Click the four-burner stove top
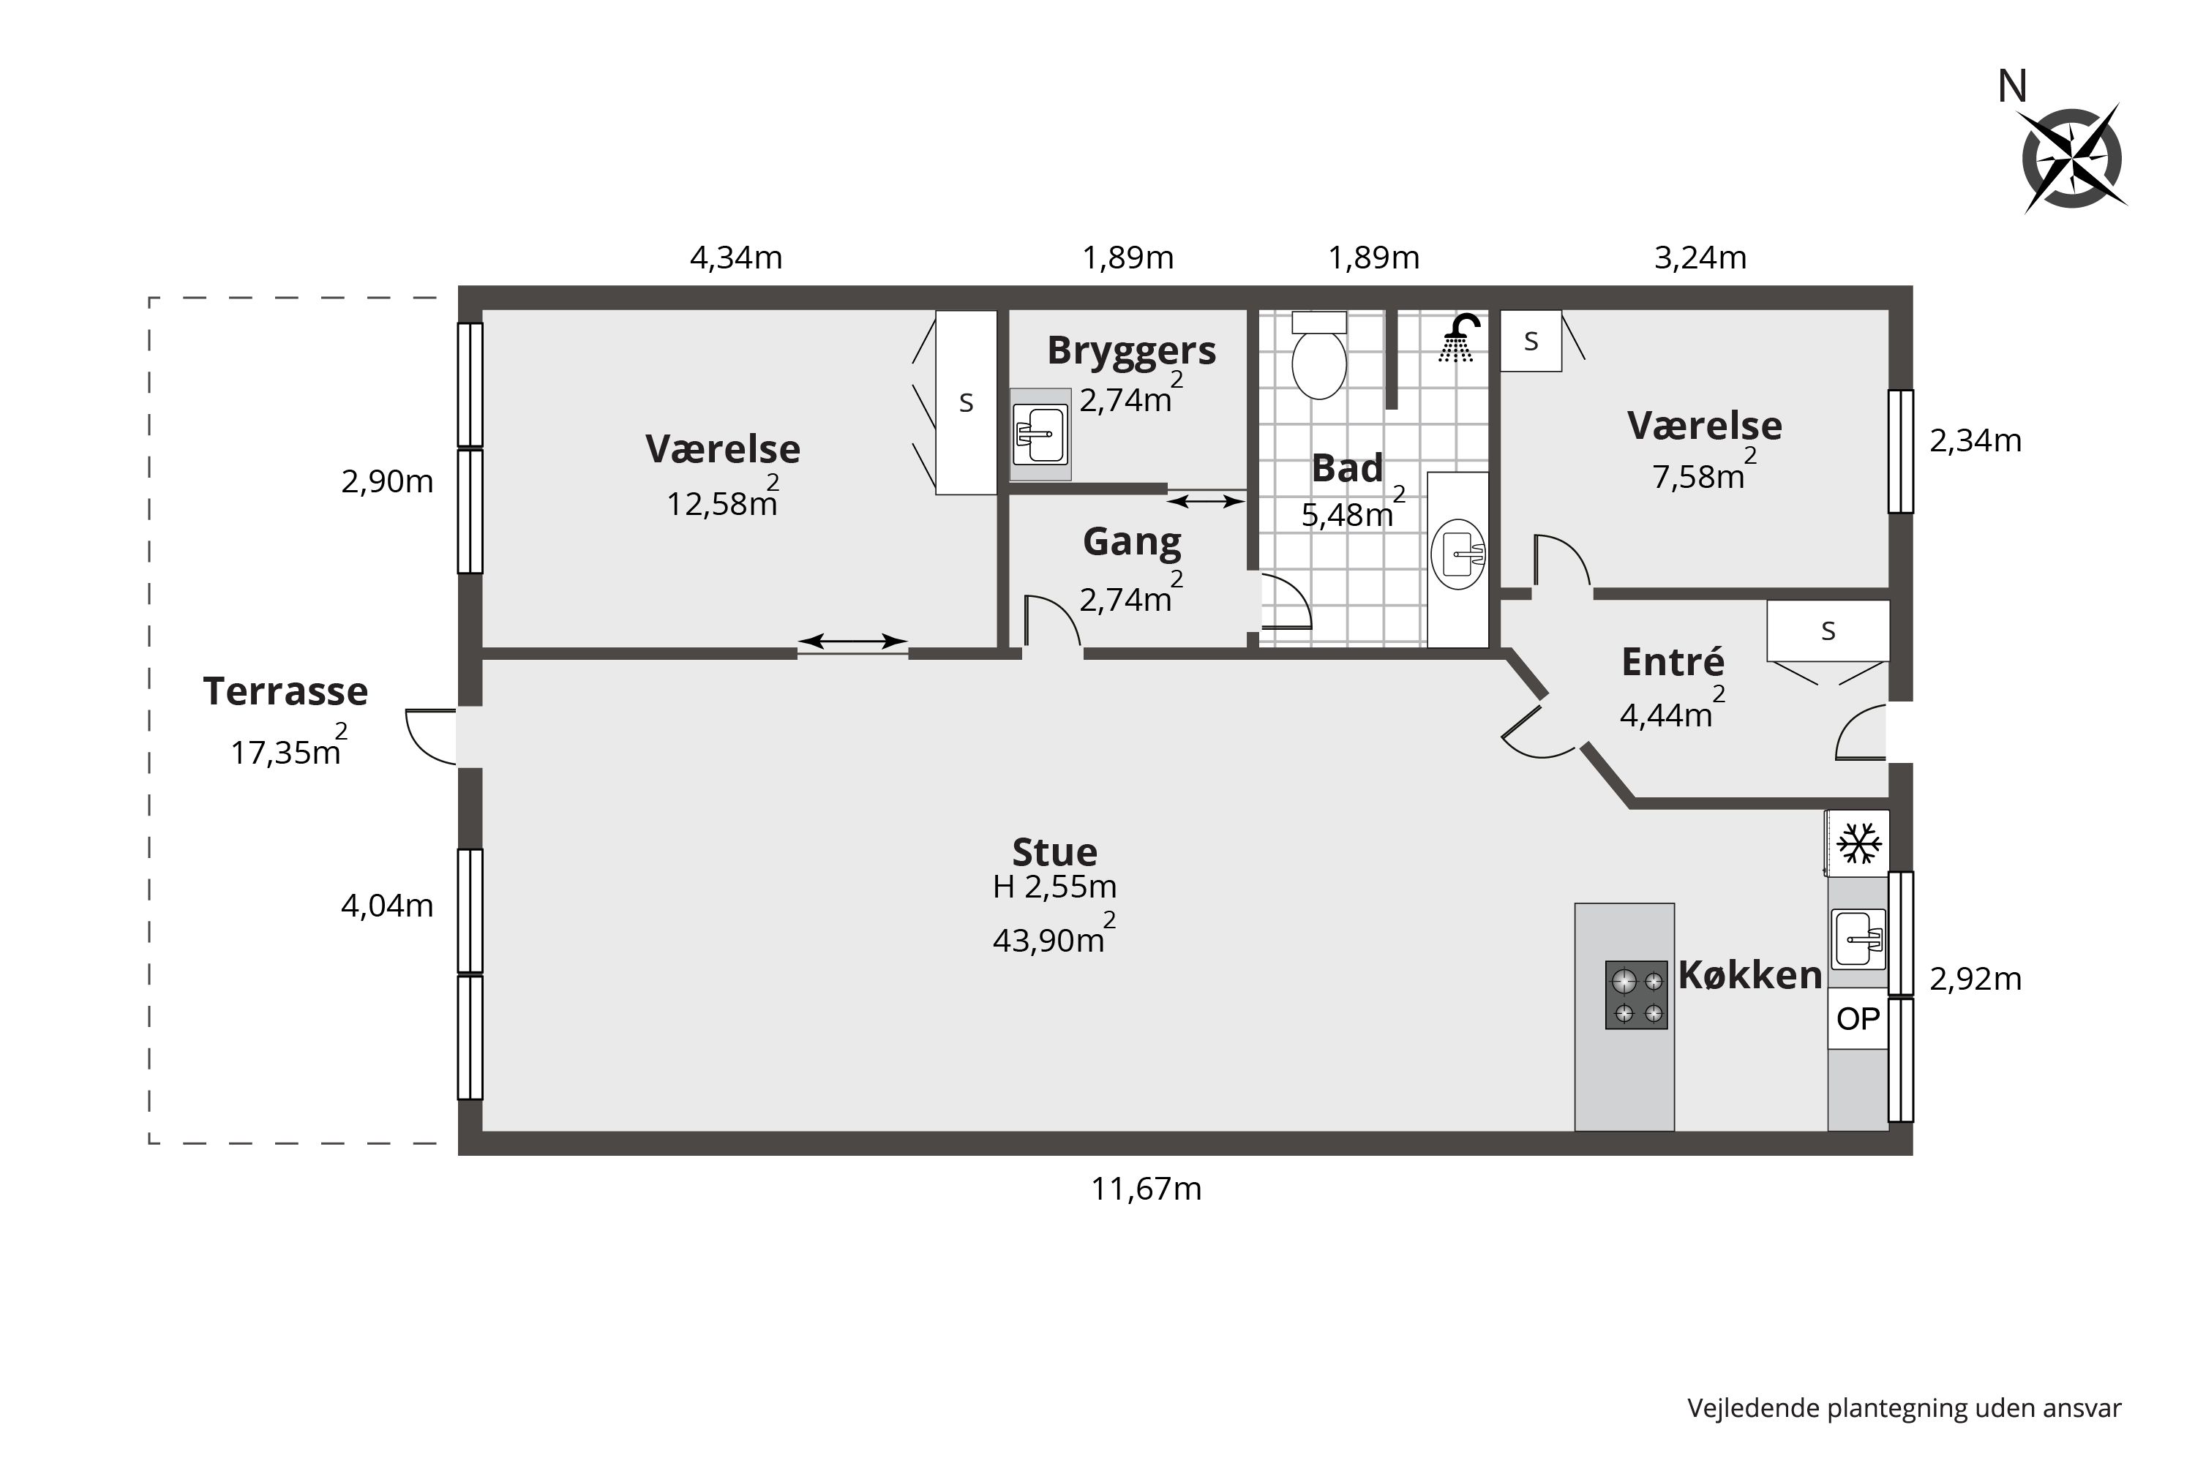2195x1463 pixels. click(x=1636, y=995)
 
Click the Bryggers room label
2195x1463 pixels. click(x=1131, y=351)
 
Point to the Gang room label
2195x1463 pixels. click(x=1131, y=542)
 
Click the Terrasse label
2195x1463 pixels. click(x=285, y=691)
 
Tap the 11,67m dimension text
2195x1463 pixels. click(x=1146, y=1189)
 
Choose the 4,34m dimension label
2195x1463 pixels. click(x=735, y=257)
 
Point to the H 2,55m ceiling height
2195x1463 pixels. click(x=1054, y=887)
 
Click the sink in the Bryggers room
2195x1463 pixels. click(x=1040, y=434)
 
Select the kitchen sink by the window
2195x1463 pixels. click(x=1858, y=939)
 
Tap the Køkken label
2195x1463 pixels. click(x=1750, y=975)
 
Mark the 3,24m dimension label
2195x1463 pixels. click(x=1700, y=257)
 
